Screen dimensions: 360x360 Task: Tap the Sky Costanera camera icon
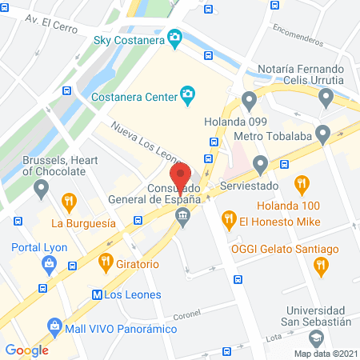tap(173, 38)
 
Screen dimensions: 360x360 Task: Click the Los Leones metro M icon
tap(97, 294)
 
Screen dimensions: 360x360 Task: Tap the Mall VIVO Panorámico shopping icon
tap(54, 326)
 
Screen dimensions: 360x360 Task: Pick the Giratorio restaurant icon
tap(105, 260)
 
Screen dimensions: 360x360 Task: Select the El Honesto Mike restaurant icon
tap(228, 217)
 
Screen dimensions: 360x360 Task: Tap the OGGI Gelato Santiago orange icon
tap(320, 266)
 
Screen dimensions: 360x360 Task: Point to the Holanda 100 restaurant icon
tap(302, 186)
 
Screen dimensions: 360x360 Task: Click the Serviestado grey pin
tap(260, 164)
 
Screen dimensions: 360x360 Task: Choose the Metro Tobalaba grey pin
tap(322, 134)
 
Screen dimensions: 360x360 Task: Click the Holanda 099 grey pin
tap(249, 100)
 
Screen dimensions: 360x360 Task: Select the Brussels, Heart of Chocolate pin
tap(42, 189)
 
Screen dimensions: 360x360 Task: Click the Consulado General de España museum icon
tap(183, 215)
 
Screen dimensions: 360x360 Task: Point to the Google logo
tap(26, 350)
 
